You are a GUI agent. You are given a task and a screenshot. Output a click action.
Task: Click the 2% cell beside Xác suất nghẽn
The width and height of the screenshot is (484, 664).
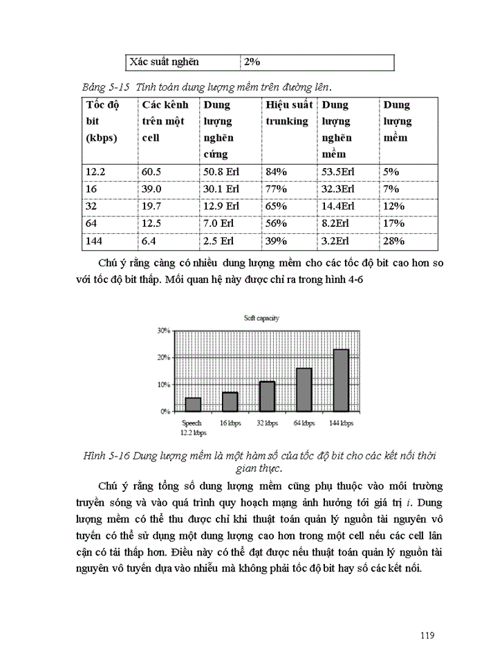251,62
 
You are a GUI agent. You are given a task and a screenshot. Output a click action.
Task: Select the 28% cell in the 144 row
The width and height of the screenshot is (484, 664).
394,241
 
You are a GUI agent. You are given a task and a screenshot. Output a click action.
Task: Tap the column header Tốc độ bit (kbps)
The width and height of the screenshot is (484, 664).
102,121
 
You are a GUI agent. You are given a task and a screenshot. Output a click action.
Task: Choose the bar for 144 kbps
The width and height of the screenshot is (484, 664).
341,380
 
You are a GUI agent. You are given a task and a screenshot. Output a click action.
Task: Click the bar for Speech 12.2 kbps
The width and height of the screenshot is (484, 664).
193,404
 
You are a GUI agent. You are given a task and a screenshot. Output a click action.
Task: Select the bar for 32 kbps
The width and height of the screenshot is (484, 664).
267,396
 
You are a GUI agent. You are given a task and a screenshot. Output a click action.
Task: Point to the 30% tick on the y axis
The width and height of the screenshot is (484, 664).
164,331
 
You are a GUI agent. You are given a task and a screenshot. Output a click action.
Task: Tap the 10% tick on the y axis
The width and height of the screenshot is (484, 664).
164,385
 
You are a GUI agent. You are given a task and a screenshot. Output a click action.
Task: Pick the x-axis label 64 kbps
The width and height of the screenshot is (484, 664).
304,423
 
